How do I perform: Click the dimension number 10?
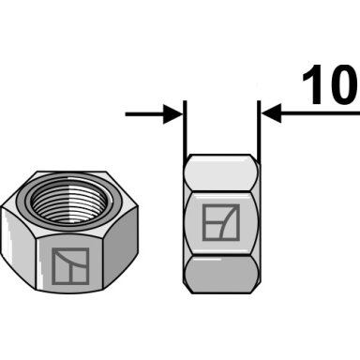(330, 84)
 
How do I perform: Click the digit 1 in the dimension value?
(313, 84)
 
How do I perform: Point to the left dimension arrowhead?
(172, 114)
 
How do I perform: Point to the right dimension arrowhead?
(271, 112)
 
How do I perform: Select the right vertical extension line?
(259, 129)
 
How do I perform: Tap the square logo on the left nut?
(70, 266)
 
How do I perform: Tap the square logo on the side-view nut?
(221, 222)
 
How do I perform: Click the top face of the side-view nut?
(221, 172)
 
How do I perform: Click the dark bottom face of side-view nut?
(221, 275)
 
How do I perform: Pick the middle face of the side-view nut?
(221, 223)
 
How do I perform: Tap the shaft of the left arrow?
(144, 114)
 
